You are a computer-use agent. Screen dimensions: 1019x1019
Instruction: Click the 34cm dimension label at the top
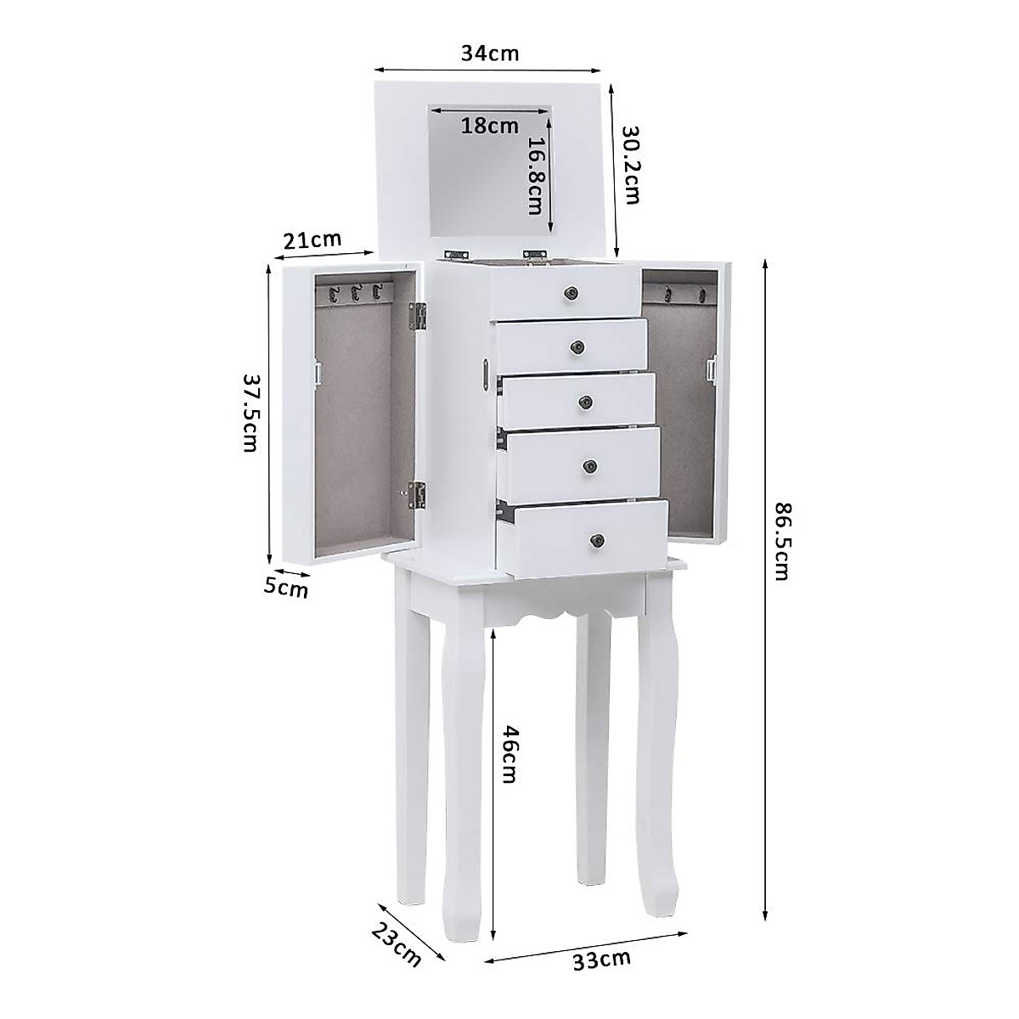click(x=489, y=53)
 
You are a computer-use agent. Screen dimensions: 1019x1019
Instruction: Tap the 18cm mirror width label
click(x=489, y=127)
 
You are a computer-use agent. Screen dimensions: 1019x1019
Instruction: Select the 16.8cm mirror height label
click(x=536, y=178)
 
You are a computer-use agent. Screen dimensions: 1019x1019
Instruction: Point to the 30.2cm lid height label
click(x=631, y=166)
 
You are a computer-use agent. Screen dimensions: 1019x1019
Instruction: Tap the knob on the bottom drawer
click(x=598, y=539)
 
